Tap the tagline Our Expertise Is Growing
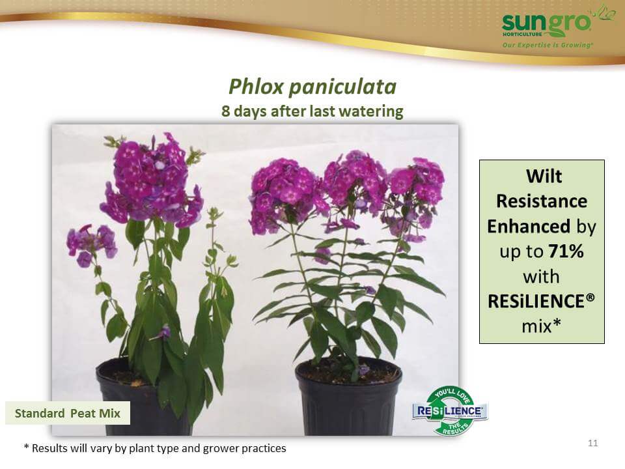point(548,45)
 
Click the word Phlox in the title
point(256,87)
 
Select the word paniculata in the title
point(342,87)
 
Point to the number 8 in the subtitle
point(226,111)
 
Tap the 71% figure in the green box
point(566,251)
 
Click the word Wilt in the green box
point(544,177)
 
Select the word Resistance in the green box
point(542,201)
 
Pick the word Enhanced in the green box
point(529,226)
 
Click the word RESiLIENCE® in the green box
point(541,302)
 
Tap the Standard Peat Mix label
point(67,413)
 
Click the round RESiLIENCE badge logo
point(450,411)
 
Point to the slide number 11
point(592,443)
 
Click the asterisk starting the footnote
point(26,447)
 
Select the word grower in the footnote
point(219,449)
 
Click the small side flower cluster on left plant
point(91,244)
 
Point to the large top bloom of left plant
point(152,180)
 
